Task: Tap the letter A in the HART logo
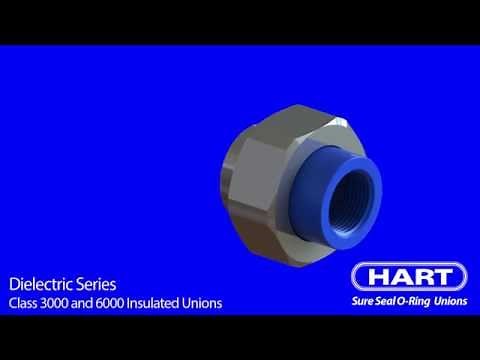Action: pyautogui.click(x=400, y=277)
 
